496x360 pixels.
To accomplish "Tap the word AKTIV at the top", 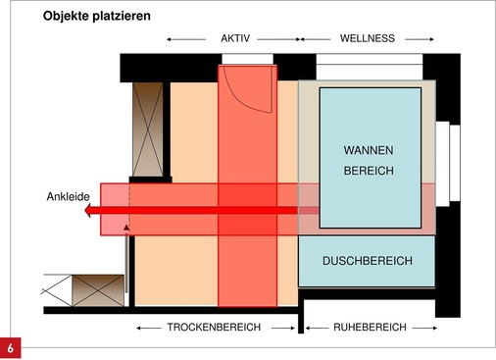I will (236, 38).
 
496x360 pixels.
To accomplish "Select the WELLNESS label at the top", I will (367, 38).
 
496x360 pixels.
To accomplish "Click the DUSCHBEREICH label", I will (367, 262).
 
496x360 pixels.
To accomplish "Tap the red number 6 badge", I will (12, 348).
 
